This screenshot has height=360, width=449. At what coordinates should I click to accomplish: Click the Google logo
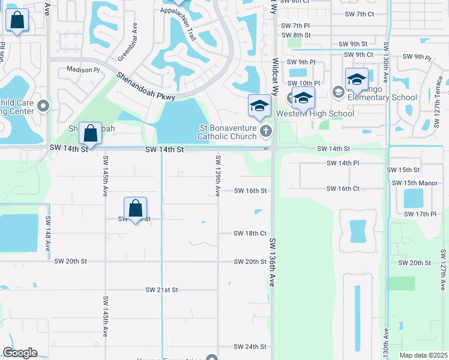pyautogui.click(x=20, y=353)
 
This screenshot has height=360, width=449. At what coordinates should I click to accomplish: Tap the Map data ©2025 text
pyautogui.click(x=423, y=355)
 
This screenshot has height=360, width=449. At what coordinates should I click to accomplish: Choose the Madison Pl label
pyautogui.click(x=83, y=70)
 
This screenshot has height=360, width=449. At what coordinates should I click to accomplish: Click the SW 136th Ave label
pyautogui.click(x=271, y=262)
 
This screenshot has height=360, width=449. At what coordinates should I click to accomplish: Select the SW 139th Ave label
pyautogui.click(x=217, y=175)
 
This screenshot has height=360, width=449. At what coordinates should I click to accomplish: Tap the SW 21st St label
pyautogui.click(x=161, y=290)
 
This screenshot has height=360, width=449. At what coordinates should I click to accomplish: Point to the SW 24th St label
pyautogui.click(x=250, y=347)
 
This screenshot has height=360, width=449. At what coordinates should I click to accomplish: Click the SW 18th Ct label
pyautogui.click(x=250, y=233)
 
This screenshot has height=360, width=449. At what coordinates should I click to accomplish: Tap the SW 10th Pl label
pyautogui.click(x=304, y=83)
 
